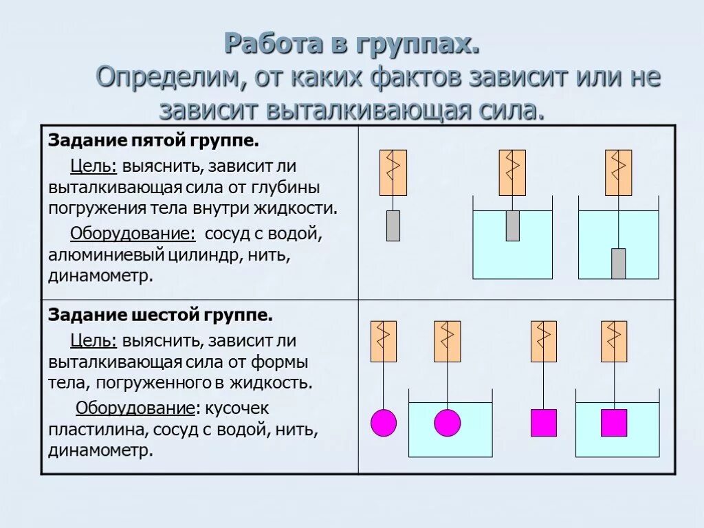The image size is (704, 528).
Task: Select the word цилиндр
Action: [221, 255]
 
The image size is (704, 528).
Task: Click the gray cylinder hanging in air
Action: [393, 225]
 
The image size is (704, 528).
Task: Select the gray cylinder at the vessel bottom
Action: [619, 263]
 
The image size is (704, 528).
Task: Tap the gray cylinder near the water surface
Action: [512, 225]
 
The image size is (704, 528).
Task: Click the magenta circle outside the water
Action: [384, 423]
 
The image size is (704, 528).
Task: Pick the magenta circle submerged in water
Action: [447, 423]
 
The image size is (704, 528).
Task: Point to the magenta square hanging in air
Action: [544, 423]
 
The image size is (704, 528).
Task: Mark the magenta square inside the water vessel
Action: [614, 423]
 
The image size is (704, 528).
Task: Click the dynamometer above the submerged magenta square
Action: [614, 341]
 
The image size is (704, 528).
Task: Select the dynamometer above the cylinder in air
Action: [393, 173]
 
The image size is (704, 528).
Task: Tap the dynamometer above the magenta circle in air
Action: [384, 341]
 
